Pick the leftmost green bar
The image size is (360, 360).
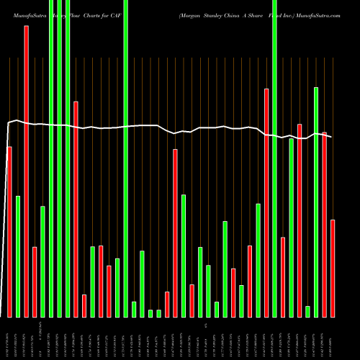pyautogui.click(x=18, y=256)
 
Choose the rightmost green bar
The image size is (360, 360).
pyautogui.click(x=315, y=202)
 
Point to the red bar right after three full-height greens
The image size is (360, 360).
pyautogui.click(x=75, y=209)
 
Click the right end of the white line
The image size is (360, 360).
pyautogui.click(x=332, y=136)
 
